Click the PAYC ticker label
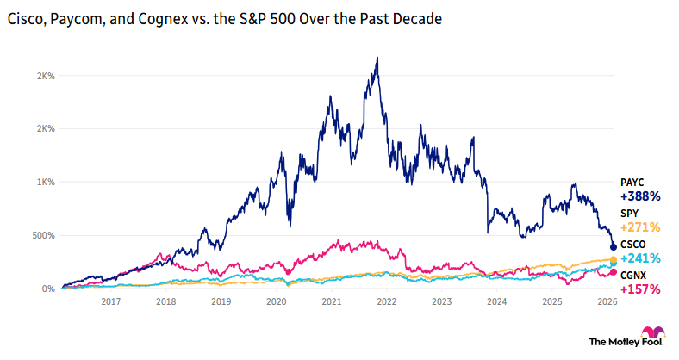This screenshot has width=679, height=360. click(632, 183)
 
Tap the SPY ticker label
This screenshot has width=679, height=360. click(630, 213)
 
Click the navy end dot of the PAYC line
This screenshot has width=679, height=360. click(613, 247)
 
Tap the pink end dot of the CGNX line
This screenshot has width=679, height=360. click(613, 273)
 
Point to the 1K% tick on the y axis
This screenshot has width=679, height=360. click(45, 183)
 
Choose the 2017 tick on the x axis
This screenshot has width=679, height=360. click(110, 302)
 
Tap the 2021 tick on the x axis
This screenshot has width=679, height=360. click(331, 302)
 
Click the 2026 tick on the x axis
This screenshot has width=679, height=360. click(607, 302)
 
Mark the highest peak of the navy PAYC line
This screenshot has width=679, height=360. click(377, 59)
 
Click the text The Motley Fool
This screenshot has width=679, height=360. click(613, 342)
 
